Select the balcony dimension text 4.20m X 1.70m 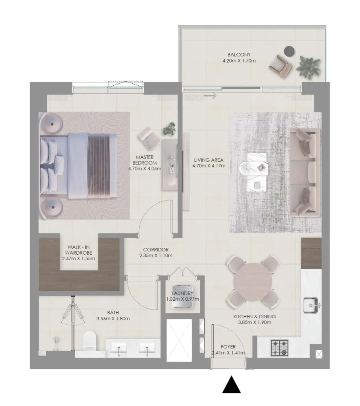click(239, 61)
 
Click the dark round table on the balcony click(289, 51)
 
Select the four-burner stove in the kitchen click(280, 348)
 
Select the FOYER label click(228, 347)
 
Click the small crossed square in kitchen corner click(319, 354)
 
